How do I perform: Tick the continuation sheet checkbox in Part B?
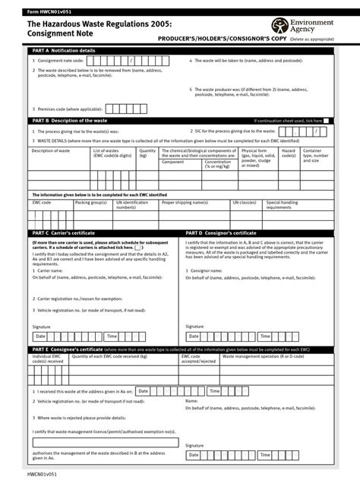pos(326,120)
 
